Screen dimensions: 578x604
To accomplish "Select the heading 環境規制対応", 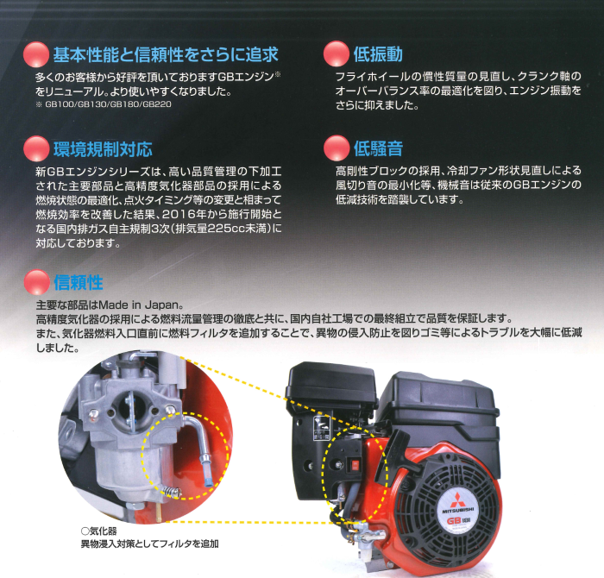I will (103, 148).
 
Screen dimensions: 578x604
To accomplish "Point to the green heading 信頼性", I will (79, 282).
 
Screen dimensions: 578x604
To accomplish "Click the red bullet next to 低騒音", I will (336, 149).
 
